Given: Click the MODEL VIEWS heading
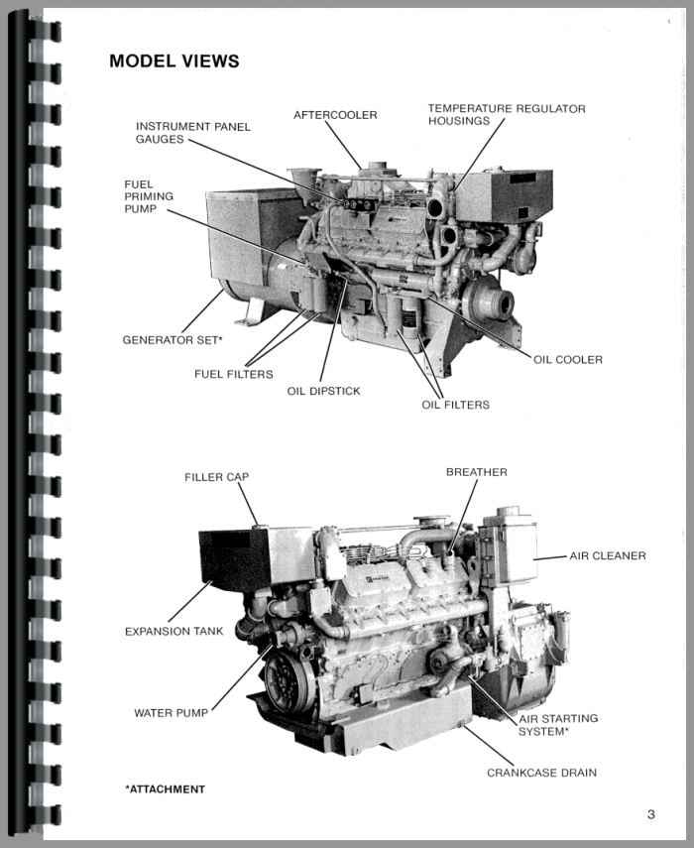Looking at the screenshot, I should (173, 61).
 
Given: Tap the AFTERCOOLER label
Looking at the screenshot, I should (335, 115).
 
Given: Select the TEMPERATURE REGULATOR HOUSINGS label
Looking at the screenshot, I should (507, 114).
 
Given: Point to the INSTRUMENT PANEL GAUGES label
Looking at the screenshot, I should (193, 133).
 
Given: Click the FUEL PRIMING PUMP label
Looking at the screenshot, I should (149, 196).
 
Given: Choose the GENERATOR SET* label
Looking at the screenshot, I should (172, 340).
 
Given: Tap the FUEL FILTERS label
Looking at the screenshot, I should (233, 374).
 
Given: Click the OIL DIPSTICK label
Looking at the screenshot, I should (323, 391).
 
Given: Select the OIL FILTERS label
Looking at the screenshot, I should (455, 405).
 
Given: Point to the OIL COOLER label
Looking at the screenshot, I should (567, 359).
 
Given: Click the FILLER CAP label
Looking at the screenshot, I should (216, 477).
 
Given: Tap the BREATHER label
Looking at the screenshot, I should (476, 472).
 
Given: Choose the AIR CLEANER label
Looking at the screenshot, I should (607, 555).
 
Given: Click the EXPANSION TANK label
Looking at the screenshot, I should (173, 631).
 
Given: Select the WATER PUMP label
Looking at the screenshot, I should (170, 712).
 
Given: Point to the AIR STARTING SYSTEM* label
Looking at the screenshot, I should (557, 724).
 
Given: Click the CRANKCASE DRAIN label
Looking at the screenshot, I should (541, 772).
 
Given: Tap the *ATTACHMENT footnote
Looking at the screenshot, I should (165, 789).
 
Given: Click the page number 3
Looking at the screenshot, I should (650, 814).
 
